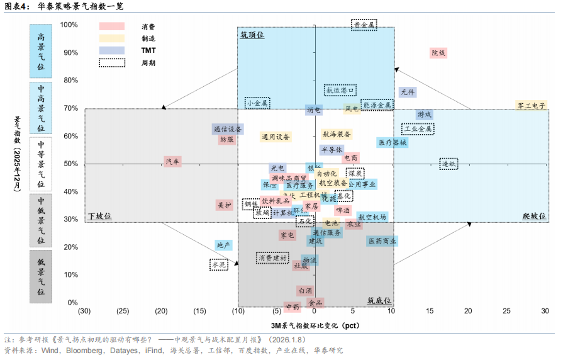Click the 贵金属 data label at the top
point(364,25)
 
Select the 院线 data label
point(438,53)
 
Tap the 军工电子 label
point(532,105)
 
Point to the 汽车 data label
point(172,162)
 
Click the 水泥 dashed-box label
point(219,265)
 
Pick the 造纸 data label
point(448,163)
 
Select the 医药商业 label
point(382,241)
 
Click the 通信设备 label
point(228,129)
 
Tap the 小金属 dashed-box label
point(257,103)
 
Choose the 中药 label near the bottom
point(292,307)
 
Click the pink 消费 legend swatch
point(112,26)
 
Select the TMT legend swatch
point(112,50)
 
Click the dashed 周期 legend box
point(112,62)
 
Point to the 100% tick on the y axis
point(69,25)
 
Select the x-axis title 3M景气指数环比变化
point(315,325)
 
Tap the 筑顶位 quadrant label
point(252,35)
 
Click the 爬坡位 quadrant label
point(534,216)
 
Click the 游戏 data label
point(425,115)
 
